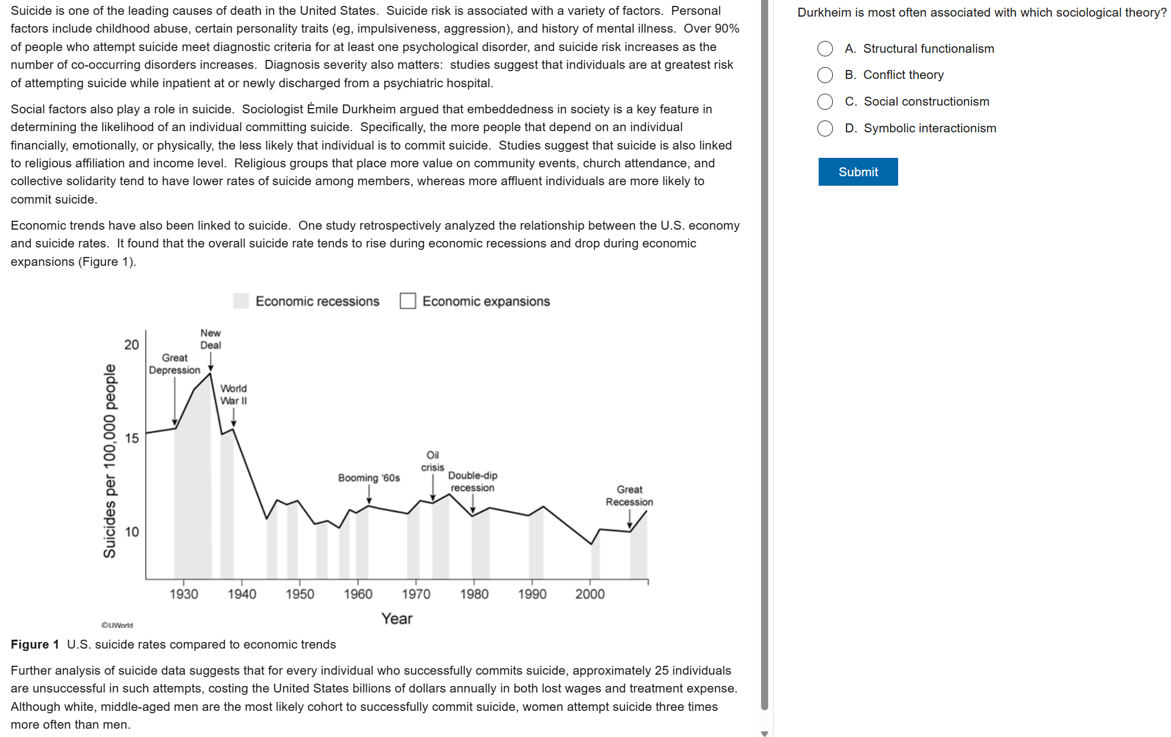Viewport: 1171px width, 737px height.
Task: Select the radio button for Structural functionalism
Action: (825, 49)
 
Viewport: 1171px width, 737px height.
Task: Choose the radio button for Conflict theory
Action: (825, 75)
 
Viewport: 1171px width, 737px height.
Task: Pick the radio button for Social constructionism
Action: (825, 101)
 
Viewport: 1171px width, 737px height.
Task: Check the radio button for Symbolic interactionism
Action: (825, 128)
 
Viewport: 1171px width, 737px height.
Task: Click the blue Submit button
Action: (858, 172)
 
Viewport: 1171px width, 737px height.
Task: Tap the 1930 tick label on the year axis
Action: (184, 594)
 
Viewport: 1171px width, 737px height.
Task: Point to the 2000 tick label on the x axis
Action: (590, 594)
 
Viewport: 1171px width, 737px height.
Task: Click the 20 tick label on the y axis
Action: (132, 345)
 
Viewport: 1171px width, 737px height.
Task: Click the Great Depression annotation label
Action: (174, 364)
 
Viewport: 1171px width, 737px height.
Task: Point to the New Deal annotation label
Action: (211, 339)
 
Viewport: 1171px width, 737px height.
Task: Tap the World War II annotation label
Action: (234, 395)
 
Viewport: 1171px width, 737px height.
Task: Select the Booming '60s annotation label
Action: (369, 478)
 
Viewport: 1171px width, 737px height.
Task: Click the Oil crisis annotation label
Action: (433, 461)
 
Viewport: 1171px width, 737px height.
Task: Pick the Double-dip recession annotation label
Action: (473, 482)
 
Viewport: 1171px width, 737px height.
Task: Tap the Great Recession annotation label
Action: (629, 495)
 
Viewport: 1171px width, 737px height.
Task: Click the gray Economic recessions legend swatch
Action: (241, 301)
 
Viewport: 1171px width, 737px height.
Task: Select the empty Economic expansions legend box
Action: (408, 301)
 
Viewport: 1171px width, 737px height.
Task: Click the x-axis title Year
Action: (397, 618)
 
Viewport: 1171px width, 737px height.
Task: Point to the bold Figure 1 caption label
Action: (35, 644)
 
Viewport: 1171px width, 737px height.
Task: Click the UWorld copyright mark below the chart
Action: (117, 625)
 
